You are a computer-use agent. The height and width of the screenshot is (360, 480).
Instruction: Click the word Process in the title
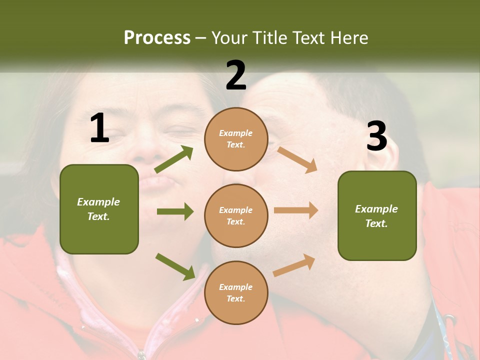157,37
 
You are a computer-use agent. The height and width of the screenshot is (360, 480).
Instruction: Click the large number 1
99,128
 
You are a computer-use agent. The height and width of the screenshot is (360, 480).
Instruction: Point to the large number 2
236,75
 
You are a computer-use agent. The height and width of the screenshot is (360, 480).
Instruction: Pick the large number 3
377,136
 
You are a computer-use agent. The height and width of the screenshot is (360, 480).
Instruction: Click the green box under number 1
99,209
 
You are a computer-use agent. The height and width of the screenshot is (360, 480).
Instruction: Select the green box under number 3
377,215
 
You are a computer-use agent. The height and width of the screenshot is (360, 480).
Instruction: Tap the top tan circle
236,139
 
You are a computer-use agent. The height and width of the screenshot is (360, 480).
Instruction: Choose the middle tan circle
236,215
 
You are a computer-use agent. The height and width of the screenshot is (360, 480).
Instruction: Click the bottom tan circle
236,292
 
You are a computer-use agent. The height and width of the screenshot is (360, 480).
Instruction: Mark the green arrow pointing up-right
174,159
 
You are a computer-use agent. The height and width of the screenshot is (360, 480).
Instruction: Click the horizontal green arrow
175,211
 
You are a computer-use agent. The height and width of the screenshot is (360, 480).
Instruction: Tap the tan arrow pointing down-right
297,159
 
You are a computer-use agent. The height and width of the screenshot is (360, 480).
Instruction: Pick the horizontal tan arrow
296,210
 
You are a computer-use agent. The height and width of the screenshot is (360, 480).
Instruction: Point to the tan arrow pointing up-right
294,265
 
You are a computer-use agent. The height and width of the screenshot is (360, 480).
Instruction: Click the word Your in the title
229,37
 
